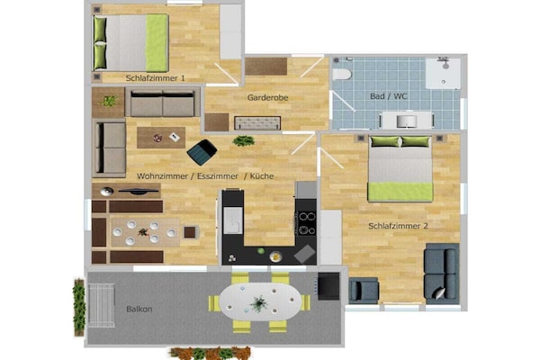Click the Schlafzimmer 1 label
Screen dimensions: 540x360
[155, 78]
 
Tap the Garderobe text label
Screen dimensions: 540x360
[267, 98]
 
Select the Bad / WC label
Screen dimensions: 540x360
[389, 96]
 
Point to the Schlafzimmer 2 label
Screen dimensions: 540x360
[398, 226]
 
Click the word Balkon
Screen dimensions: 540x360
[139, 309]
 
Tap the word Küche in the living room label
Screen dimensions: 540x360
[262, 176]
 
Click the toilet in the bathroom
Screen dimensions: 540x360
[342, 74]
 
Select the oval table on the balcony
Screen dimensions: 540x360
[260, 302]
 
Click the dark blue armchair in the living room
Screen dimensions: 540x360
[202, 151]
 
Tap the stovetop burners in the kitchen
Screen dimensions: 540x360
[307, 223]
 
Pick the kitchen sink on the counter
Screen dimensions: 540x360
[233, 220]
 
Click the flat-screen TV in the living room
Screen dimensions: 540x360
[139, 191]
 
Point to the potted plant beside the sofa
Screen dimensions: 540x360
[109, 102]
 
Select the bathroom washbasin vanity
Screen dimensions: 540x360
[407, 121]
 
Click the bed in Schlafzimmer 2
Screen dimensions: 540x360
[400, 168]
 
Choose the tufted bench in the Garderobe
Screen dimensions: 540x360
[257, 123]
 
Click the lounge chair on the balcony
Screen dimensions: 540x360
[101, 305]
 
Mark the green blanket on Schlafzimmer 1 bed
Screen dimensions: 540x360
[157, 42]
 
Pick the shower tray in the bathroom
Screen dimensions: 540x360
[443, 74]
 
